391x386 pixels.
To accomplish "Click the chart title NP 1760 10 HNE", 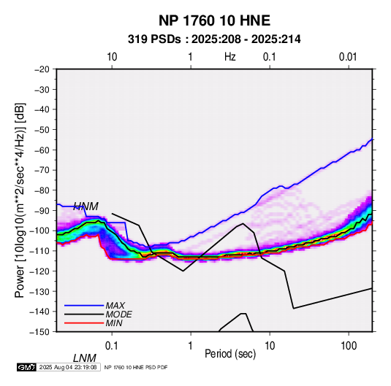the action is [x=214, y=20].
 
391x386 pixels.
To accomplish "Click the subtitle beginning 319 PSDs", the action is [x=214, y=39].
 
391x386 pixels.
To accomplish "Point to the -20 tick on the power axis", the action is [x=42, y=69].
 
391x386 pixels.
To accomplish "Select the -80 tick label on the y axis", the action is [x=42, y=190].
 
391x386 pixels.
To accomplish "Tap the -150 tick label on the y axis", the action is [x=39, y=332].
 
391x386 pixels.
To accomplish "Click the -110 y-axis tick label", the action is [x=39, y=251].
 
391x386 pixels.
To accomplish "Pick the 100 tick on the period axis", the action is [x=349, y=346].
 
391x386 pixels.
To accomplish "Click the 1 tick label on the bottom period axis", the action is [x=191, y=346].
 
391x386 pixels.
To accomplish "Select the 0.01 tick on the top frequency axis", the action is [x=348, y=57].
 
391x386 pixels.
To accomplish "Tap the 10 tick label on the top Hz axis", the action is [x=112, y=57].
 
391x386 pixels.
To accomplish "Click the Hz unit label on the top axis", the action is [x=230, y=57].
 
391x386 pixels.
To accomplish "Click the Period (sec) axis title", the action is [x=230, y=354].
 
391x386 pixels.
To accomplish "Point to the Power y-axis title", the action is [x=20, y=201].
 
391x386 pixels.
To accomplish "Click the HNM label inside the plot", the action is [x=86, y=206].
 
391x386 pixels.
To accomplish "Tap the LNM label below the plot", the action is [x=85, y=358].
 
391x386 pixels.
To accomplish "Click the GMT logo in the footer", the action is [x=27, y=367].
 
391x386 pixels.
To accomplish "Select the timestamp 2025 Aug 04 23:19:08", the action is [x=68, y=367].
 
